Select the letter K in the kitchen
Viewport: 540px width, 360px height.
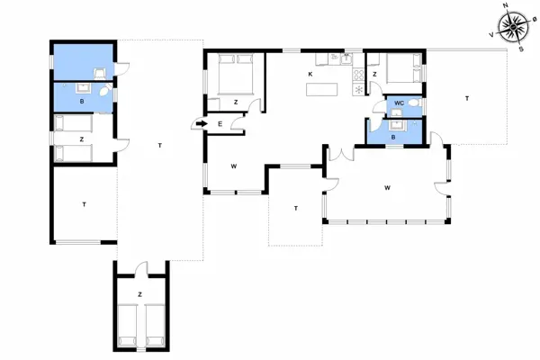(x=310, y=73)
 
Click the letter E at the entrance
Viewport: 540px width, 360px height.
(x=220, y=123)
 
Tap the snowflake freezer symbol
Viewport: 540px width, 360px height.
(x=360, y=88)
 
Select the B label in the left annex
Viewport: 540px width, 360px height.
(x=82, y=102)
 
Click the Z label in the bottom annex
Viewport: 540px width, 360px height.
(x=139, y=294)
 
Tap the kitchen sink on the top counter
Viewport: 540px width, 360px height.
(x=334, y=58)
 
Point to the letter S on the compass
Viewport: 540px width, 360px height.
(x=522, y=49)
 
